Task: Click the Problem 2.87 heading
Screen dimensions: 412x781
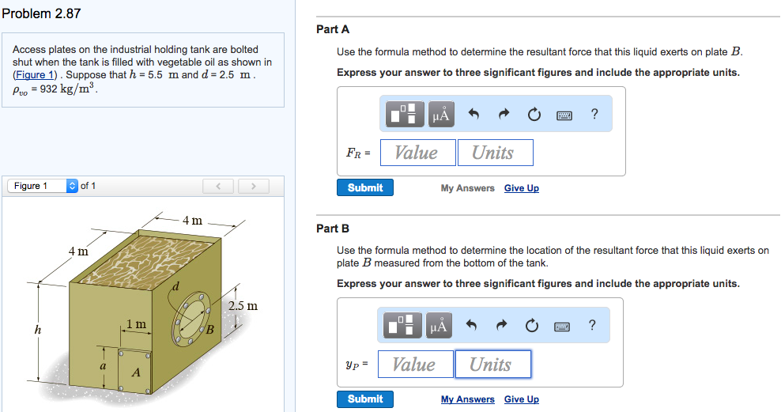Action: click(41, 13)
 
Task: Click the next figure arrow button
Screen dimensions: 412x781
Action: click(253, 186)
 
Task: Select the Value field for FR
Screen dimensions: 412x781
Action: click(417, 153)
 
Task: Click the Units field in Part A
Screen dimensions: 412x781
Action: click(494, 153)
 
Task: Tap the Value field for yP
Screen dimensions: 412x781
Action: click(415, 365)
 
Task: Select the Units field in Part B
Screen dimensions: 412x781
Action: click(492, 365)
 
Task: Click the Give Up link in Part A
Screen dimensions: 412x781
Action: click(521, 188)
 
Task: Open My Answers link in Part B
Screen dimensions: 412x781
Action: click(467, 399)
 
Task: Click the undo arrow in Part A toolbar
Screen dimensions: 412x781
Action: click(474, 115)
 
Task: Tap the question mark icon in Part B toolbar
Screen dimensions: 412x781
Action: click(592, 325)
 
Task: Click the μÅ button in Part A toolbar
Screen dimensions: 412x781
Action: click(442, 115)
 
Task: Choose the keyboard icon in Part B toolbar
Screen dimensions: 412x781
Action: click(562, 325)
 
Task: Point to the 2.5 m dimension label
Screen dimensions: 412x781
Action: click(243, 305)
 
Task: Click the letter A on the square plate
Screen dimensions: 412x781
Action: click(136, 372)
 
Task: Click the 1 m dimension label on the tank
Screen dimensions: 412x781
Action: click(136, 324)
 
